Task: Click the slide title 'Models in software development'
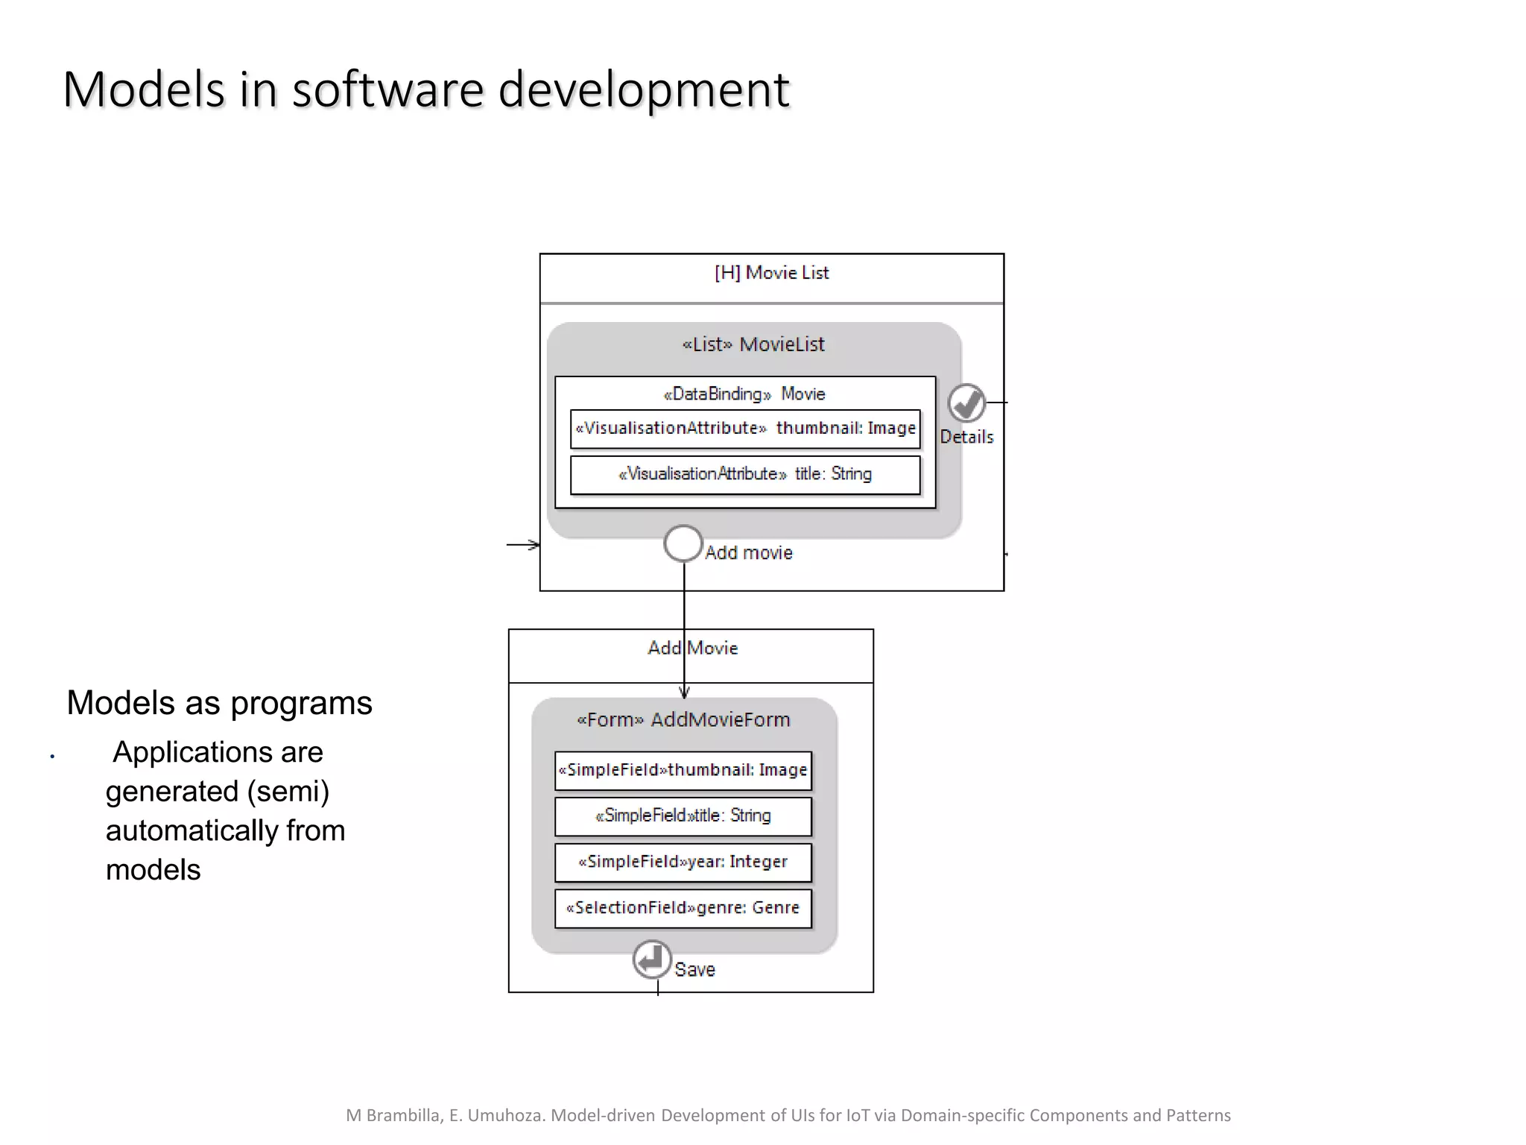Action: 426,89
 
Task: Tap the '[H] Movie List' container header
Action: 771,274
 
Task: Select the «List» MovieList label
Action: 753,344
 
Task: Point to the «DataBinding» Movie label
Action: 744,394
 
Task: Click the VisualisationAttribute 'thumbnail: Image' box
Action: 745,429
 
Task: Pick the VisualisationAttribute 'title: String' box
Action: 745,474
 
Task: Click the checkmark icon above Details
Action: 966,403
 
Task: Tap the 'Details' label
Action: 966,438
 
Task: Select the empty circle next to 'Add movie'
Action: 683,543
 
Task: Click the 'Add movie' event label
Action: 749,553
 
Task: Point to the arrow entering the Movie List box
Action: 523,545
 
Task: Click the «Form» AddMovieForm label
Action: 683,720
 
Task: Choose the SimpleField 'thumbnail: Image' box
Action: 683,770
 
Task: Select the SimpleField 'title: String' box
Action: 683,816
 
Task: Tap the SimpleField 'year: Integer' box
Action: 683,862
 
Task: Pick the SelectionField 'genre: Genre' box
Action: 683,908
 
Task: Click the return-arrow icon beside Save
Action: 652,959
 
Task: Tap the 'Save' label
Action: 694,970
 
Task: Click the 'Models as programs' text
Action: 219,703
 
